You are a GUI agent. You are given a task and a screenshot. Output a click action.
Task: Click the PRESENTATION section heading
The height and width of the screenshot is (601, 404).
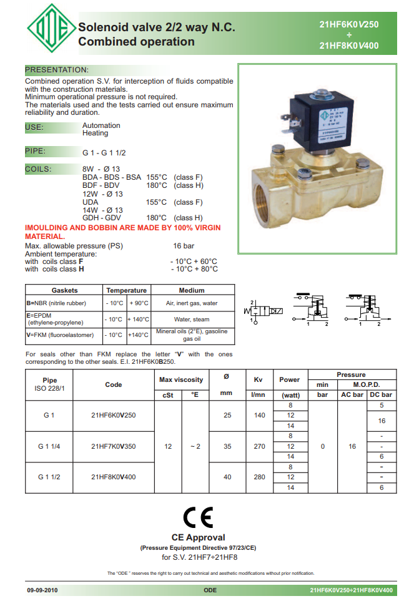(56, 69)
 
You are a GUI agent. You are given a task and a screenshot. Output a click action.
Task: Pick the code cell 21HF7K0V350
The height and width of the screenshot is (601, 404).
(113, 446)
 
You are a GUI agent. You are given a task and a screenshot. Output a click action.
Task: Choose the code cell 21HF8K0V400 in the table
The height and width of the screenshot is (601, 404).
(113, 477)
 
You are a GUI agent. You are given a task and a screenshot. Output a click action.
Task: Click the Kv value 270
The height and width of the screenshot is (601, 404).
(257, 446)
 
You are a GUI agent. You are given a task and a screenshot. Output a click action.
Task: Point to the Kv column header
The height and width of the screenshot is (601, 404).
(257, 379)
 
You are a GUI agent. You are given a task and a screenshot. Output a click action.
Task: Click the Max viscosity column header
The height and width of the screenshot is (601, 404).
(181, 379)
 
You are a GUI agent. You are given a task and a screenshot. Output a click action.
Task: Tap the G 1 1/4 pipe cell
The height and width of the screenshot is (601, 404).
(49, 446)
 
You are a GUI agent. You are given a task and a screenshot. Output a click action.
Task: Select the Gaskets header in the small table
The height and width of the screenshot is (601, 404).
(64, 290)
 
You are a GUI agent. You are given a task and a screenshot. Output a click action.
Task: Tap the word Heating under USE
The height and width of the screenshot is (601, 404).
(96, 134)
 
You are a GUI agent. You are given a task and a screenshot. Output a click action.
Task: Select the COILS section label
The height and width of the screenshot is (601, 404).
(38, 169)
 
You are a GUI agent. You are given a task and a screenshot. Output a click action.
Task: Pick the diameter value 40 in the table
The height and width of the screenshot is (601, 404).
(227, 477)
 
